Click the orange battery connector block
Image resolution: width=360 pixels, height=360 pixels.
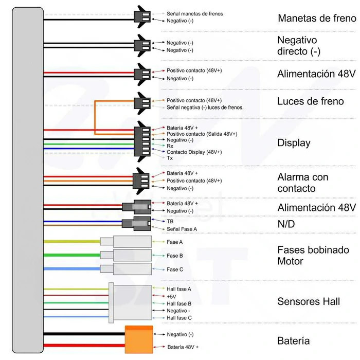tap(139, 339)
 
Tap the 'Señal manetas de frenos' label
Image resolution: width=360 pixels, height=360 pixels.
tap(195, 14)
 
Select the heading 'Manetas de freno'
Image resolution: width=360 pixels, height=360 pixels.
tap(317, 18)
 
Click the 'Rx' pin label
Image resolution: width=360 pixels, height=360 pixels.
tap(170, 146)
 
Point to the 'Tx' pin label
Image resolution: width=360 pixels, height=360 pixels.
tap(170, 158)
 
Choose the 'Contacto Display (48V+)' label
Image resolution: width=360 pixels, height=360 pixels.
tap(194, 152)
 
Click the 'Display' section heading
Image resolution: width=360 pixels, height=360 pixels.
tap(294, 143)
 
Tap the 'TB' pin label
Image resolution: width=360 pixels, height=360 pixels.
tap(170, 221)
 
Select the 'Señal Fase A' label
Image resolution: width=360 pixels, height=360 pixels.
tap(182, 229)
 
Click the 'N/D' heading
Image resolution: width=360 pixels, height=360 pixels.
tap(286, 224)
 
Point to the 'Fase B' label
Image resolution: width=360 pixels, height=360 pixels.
tap(175, 256)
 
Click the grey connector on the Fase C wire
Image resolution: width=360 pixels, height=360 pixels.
tap(126, 269)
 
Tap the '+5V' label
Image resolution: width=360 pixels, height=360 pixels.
tap(171, 296)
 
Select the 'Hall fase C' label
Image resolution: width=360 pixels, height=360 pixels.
tap(179, 318)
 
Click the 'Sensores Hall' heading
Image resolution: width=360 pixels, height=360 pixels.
tap(309, 301)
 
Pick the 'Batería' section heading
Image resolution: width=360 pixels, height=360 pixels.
tap(294, 340)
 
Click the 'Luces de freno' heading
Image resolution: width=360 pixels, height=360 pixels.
tap(311, 101)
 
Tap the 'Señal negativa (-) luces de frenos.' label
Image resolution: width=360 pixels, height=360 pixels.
tap(205, 107)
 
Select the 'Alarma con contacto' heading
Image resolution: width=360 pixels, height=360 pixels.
tap(303, 183)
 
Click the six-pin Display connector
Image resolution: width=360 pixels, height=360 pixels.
tap(142, 141)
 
